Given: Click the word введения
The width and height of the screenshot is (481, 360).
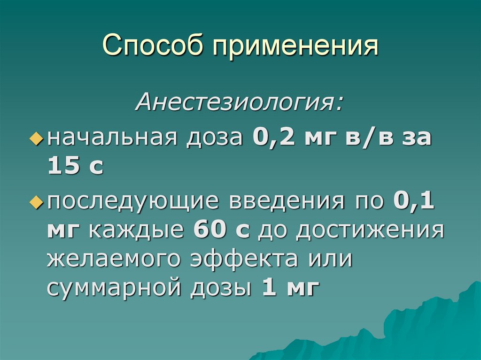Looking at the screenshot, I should pos(287,202).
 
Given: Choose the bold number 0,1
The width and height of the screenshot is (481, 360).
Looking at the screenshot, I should pos(414,202).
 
